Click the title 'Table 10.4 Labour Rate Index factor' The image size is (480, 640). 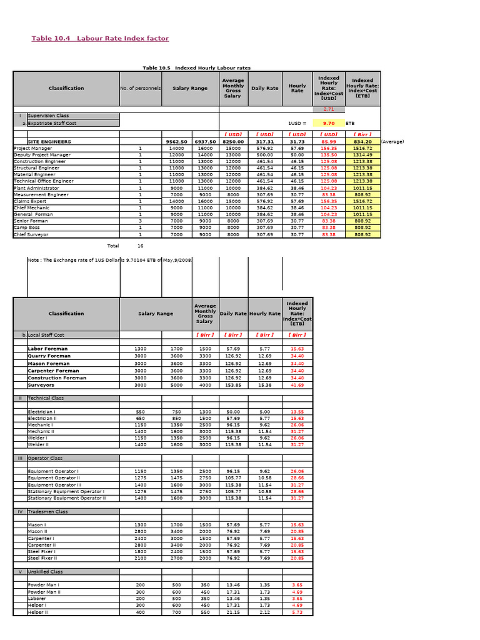point(100,39)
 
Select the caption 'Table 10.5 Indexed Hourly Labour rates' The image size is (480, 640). point(197,67)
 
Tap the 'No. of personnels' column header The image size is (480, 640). point(140,88)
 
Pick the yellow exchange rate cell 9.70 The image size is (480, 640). point(329,124)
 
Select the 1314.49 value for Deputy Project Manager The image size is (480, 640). point(362,155)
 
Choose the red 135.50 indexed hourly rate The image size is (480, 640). point(329,155)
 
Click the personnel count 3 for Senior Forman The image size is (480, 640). point(140,221)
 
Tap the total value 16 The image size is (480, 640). point(140,246)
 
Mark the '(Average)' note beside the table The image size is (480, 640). point(392,142)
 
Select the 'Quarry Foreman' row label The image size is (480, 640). point(49,356)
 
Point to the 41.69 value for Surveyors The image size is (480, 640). point(297,386)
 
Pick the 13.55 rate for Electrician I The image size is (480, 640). point(297,412)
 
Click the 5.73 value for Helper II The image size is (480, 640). point(297,612)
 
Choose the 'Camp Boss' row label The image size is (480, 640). point(27,228)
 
